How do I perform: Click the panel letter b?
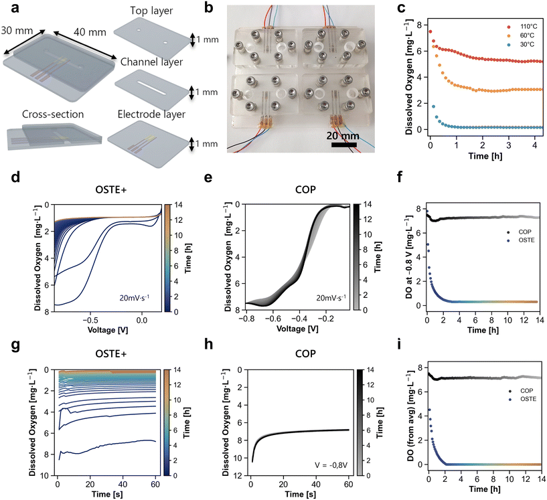pyautogui.click(x=209, y=7)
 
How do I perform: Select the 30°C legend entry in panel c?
pyautogui.click(x=521, y=44)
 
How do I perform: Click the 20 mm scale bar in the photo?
pyautogui.click(x=343, y=145)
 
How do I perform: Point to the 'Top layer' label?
pyautogui.click(x=151, y=11)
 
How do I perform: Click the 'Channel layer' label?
pyautogui.click(x=151, y=62)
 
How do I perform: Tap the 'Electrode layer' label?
pyautogui.click(x=151, y=114)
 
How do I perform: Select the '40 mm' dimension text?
pyautogui.click(x=90, y=32)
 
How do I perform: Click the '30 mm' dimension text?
pyautogui.click(x=17, y=30)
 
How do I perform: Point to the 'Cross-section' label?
pyautogui.click(x=53, y=114)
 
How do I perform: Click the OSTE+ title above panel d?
pyautogui.click(x=111, y=189)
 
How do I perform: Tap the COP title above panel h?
pyautogui.click(x=305, y=353)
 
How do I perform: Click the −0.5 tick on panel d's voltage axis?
pyautogui.click(x=90, y=320)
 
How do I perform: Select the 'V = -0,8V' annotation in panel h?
pyautogui.click(x=331, y=465)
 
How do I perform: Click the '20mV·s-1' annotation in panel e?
pyautogui.click(x=331, y=297)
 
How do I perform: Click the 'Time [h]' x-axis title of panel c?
pyautogui.click(x=485, y=155)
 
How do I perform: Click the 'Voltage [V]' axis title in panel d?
pyautogui.click(x=108, y=330)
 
